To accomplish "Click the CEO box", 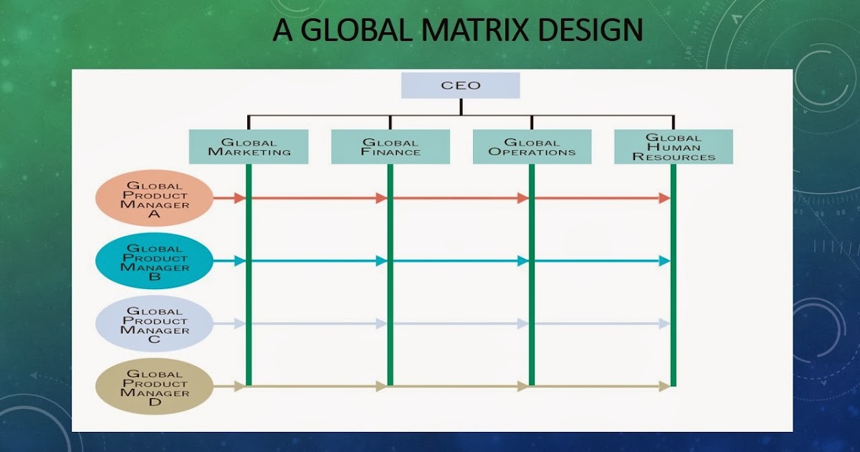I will coord(460,85).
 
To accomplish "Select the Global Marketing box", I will coord(249,146).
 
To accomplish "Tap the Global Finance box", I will coord(391,146).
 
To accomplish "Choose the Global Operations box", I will coord(532,146).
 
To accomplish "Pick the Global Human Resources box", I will coord(674,146).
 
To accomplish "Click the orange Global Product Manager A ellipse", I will coord(155,199).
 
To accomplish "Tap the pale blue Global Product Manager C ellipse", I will coord(155,324).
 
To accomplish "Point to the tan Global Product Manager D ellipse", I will coord(155,387).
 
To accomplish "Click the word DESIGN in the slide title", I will coord(591,31).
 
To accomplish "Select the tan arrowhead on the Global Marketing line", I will coord(239,387).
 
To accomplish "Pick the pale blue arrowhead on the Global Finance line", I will coord(381,324).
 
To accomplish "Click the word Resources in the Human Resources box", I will coord(674,156).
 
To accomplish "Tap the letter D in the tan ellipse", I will coord(155,402).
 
